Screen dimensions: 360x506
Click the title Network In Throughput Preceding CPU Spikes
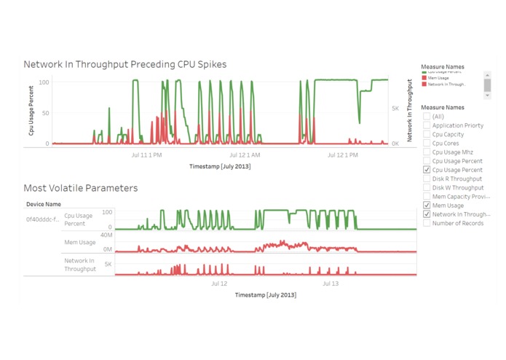[x=124, y=64]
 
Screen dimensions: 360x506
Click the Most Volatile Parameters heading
[x=80, y=188]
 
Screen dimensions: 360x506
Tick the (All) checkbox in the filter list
[x=427, y=117]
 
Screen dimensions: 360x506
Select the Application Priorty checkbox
[x=427, y=125]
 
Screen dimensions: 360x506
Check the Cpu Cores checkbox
[x=427, y=144]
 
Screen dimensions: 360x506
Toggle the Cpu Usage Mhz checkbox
[x=427, y=152]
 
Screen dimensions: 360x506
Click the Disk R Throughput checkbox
[x=427, y=179]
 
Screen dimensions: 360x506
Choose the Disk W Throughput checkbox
[x=427, y=188]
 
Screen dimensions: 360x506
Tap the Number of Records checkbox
[x=427, y=223]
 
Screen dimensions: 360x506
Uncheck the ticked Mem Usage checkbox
[x=427, y=206]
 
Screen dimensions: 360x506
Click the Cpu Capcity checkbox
[x=427, y=134]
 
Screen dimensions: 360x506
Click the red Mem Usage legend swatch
[x=424, y=78]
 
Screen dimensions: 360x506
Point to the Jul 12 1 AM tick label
[x=245, y=154]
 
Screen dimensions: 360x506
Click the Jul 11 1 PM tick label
[x=146, y=154]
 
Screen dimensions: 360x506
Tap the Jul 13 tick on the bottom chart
[x=331, y=283]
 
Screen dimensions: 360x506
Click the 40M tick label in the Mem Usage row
[x=106, y=235]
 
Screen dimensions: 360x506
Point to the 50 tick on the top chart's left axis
[x=44, y=113]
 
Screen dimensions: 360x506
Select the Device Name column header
[x=44, y=204]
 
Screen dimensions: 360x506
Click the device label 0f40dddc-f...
[x=43, y=219]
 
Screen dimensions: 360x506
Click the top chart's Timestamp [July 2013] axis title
[x=220, y=166]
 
